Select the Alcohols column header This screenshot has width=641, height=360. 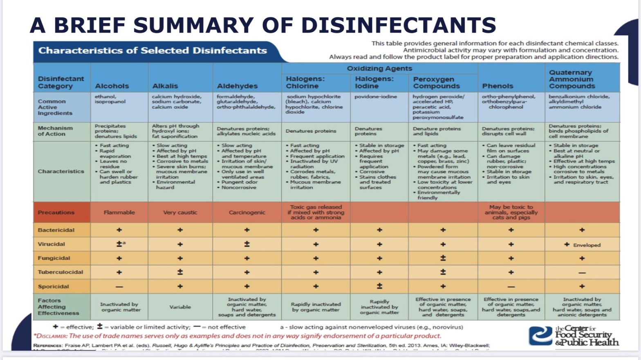coord(112,86)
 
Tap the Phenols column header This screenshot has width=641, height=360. coord(497,86)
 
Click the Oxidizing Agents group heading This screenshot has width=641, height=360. coord(379,68)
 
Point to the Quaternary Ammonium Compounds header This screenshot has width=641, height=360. coord(571,79)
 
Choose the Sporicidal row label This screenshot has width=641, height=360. coord(53,286)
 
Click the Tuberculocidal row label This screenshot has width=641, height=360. coord(60,272)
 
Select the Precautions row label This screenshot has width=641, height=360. coord(56,212)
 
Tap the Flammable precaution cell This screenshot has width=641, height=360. coord(119,212)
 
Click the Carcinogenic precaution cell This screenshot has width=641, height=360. coord(247,212)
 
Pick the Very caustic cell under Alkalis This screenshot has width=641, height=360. coord(180,212)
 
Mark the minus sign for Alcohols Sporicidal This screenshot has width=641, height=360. coord(119,286)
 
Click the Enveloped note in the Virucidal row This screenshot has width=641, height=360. coord(586,245)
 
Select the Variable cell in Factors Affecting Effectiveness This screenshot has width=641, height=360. coord(180,307)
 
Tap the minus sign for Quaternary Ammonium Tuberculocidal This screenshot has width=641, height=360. coord(582,273)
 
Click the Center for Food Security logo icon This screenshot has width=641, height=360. coord(540,336)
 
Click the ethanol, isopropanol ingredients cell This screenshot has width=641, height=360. coord(110,99)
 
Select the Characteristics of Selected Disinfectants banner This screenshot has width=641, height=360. coord(152,51)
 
